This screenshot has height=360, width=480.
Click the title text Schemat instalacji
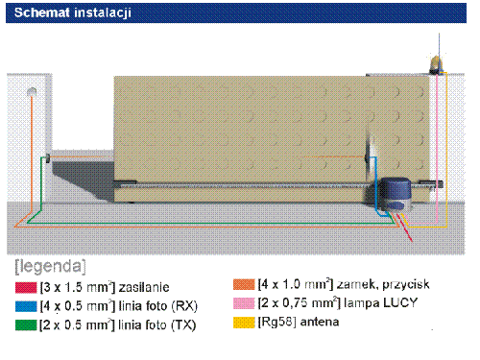pos(73,12)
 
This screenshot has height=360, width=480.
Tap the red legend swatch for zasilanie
pos(26,287)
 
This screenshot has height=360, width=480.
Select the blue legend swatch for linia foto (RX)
pos(26,306)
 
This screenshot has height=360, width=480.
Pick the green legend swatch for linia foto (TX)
pos(26,325)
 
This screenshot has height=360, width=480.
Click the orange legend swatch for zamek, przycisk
pos(244,284)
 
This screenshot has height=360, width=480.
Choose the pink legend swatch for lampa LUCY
pos(244,303)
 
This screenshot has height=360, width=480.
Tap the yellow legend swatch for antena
pos(244,323)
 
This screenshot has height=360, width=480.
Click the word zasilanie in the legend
pos(144,287)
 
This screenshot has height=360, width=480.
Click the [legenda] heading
pos(50,267)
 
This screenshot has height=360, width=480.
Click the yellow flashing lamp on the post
pos(436,63)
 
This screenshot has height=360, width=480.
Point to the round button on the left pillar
pos(32,92)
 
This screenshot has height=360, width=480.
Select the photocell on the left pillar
pos(48,158)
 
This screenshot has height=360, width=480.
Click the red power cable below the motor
pos(404,228)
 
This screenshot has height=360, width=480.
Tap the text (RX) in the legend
pos(184,306)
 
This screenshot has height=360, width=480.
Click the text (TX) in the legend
pos(183,325)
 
